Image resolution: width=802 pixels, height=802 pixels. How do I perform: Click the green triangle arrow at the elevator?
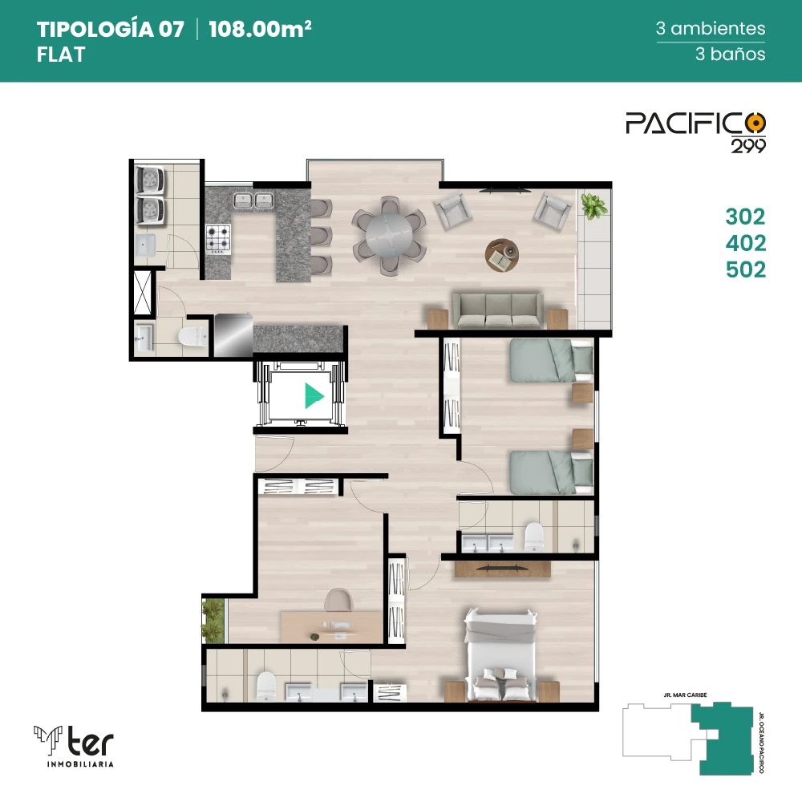coord(314,395)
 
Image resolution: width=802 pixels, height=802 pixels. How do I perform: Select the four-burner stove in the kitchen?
coord(218,239)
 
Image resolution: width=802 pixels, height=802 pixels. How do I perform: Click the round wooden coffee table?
coord(502,255)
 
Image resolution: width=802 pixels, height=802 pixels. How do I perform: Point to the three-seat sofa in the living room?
coord(497,310)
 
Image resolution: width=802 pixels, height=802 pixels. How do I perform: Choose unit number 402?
coord(745,243)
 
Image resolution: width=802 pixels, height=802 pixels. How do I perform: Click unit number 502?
coord(745,269)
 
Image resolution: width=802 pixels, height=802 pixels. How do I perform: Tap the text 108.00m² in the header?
coord(260,29)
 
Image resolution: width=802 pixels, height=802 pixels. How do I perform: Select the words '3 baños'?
coord(730,54)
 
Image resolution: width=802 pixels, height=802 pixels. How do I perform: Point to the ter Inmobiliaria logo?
coord(74,746)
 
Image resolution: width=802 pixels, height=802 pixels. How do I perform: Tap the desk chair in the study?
coord(338,600)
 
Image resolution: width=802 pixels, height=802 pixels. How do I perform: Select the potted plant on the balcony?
coord(593,206)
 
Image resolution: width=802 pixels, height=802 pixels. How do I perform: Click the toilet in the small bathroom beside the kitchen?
coord(192,337)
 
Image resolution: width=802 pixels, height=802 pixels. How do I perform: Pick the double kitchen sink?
coord(253,200)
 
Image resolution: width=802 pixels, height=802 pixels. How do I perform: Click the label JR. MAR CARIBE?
coord(686,695)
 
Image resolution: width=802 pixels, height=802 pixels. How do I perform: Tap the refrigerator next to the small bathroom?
coord(233,334)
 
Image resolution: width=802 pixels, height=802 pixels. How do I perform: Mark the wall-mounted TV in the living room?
coord(504,191)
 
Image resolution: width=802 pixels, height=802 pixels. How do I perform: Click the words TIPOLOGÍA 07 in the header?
coord(110,29)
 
